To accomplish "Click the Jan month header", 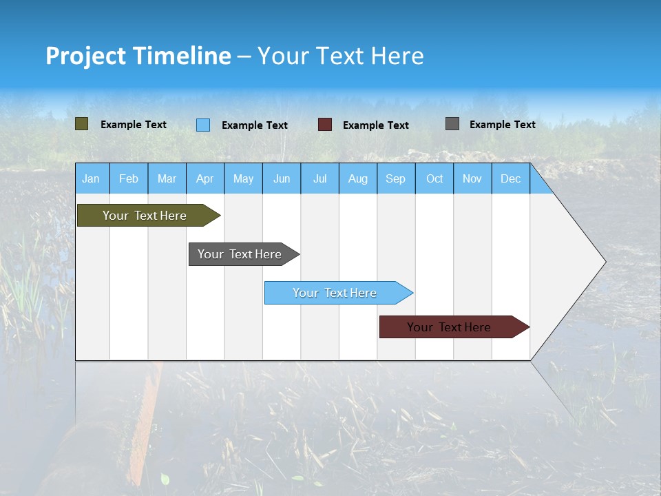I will pyautogui.click(x=91, y=178).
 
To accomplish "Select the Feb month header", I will pyautogui.click(x=129, y=178).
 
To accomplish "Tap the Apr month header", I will pyautogui.click(x=205, y=178).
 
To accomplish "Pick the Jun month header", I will pyautogui.click(x=282, y=178).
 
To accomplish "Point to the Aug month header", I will pyautogui.click(x=358, y=178).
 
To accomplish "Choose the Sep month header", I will pyautogui.click(x=396, y=178).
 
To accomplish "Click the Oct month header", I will pyautogui.click(x=434, y=178).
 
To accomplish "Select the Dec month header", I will pyautogui.click(x=511, y=178).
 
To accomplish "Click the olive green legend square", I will pyautogui.click(x=82, y=124).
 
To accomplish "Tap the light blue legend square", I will pyautogui.click(x=203, y=125).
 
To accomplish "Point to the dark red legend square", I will pyautogui.click(x=325, y=125).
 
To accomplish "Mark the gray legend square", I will pyautogui.click(x=452, y=124).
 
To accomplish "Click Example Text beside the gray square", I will pyautogui.click(x=502, y=125).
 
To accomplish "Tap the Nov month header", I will pyautogui.click(x=472, y=178).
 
